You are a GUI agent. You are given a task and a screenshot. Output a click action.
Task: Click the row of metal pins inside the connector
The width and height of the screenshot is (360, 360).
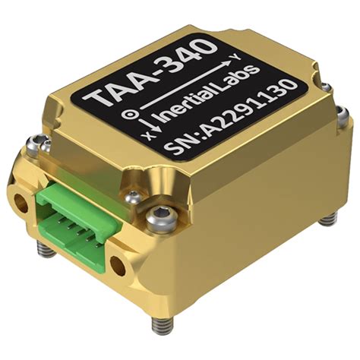tap(76, 221)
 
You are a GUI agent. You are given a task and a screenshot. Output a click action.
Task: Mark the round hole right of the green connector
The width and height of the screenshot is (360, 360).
tap(118, 264)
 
